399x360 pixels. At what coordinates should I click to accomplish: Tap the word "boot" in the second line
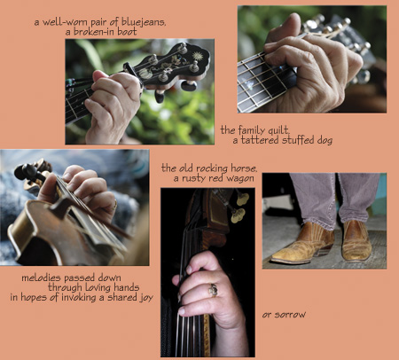point(127,31)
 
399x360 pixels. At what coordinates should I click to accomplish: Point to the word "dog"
point(325,140)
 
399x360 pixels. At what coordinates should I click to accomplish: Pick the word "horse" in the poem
point(244,168)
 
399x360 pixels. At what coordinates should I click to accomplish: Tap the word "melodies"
point(42,278)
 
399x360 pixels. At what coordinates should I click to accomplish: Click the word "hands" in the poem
point(126,287)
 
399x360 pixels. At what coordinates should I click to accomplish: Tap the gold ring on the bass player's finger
point(213,290)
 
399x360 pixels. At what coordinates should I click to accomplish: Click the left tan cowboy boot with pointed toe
point(303,244)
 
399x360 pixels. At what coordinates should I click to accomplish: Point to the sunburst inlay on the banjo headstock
point(197,56)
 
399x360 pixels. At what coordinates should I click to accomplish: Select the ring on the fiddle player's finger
point(115,205)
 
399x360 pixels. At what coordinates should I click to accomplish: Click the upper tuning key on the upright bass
point(242,198)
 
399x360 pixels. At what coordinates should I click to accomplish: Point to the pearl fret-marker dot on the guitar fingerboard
point(249,85)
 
